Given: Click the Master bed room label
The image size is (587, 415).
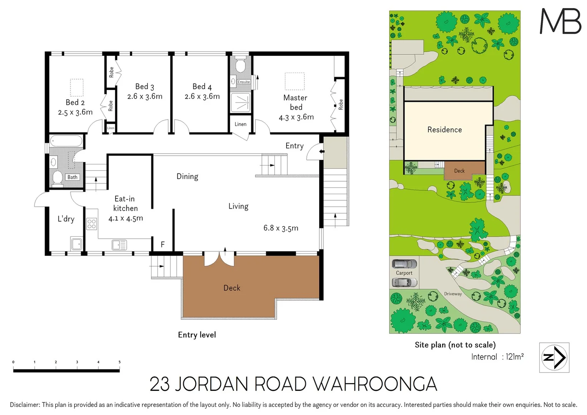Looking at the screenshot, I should [295, 102].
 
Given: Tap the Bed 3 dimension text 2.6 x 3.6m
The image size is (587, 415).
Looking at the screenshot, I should [145, 96].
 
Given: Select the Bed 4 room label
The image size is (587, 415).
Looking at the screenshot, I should [202, 87].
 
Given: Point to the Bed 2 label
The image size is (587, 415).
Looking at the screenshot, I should [75, 102].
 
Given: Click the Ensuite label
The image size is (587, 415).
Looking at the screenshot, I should [244, 82].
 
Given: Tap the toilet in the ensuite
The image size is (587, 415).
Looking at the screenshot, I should [240, 65].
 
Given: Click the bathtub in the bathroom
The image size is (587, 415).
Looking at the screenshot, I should [66, 141].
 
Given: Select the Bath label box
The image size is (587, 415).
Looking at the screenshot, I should [72, 177].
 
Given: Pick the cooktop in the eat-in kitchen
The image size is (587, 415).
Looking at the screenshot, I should [91, 224].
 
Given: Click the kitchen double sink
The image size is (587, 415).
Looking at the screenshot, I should [119, 245].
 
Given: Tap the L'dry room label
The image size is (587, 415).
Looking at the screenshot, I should [66, 219].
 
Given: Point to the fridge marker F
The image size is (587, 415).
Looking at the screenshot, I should [163, 244].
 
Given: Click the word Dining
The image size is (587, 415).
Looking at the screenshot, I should [187, 176].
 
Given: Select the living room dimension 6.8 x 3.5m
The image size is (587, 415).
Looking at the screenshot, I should [281, 228].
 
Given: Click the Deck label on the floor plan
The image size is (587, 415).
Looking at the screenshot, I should [232, 288].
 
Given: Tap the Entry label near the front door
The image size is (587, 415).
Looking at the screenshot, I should [294, 146].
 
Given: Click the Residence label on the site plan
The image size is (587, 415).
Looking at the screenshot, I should [444, 130].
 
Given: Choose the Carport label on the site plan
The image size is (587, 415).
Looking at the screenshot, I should [404, 273].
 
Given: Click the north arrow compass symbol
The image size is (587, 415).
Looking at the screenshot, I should [554, 357].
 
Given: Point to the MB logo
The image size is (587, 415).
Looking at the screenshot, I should [560, 21].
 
